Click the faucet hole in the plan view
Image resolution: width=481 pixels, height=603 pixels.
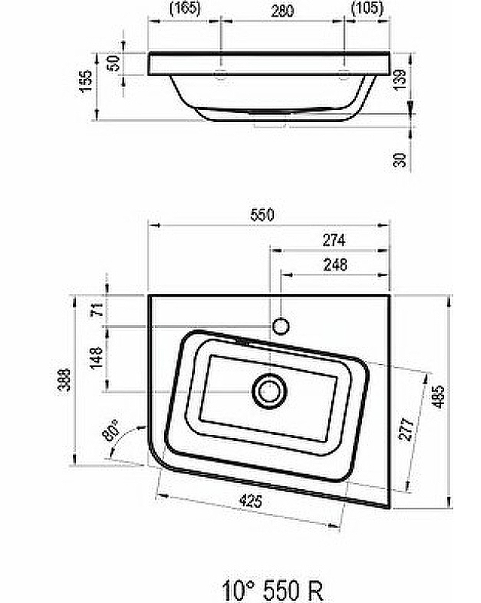(281, 326)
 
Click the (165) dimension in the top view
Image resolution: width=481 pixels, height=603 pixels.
(183, 9)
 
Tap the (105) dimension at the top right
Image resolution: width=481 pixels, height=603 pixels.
(367, 9)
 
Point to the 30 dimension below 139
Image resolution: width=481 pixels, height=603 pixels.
(400, 158)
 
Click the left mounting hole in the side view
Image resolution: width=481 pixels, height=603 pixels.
(221, 74)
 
